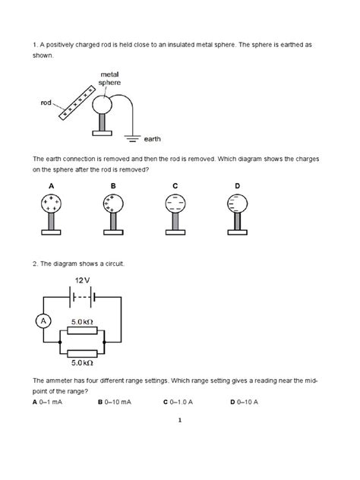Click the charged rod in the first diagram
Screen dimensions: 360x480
coord(77,103)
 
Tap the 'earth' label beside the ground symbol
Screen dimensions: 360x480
coord(152,139)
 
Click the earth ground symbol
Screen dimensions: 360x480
coord(132,139)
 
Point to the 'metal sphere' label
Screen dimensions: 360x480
coord(109,79)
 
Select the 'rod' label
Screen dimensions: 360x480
coord(46,103)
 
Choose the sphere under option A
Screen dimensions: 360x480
coord(51,204)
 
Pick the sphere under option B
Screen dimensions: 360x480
coord(113,204)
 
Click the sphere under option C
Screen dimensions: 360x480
coord(175,204)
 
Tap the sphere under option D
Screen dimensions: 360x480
coord(237,204)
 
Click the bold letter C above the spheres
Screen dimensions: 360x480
coord(175,186)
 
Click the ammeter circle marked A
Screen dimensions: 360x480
coord(43,321)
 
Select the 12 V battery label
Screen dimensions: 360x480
coord(82,280)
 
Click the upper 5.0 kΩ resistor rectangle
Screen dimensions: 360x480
coord(82,330)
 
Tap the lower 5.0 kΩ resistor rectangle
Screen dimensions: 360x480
coord(82,354)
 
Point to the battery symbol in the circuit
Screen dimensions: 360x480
coord(82,297)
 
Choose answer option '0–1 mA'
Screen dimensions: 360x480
coord(51,402)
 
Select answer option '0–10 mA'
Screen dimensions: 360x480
coord(118,402)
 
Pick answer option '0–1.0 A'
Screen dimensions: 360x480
coord(182,402)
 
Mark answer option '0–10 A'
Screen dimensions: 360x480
coord(248,402)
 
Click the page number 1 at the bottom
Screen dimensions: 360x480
coord(180,420)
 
